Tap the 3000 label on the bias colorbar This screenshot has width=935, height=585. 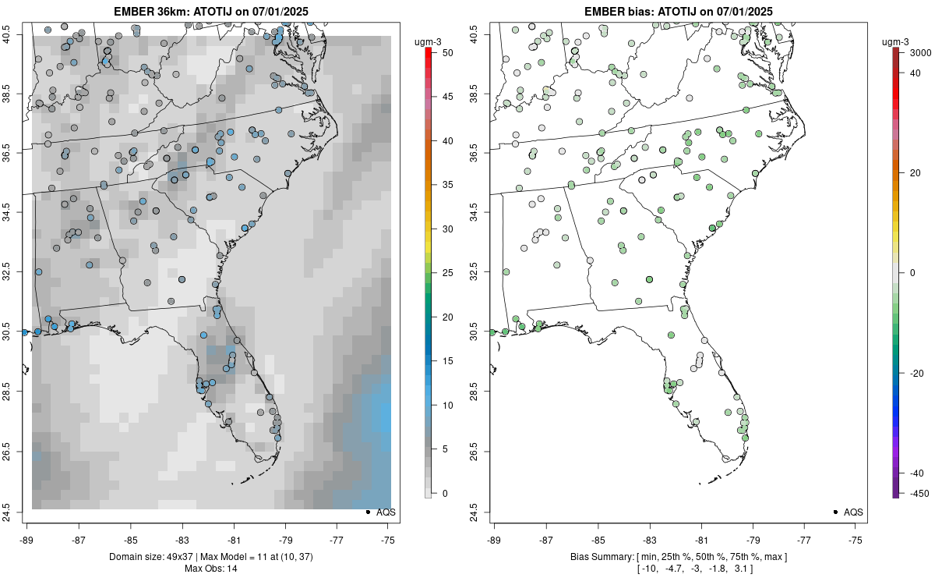[x=920, y=52]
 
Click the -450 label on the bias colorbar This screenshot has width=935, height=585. [x=917, y=493]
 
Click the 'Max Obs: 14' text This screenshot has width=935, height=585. [x=210, y=569]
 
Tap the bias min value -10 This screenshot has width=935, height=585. [x=648, y=569]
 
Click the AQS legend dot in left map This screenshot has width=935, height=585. [x=367, y=512]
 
